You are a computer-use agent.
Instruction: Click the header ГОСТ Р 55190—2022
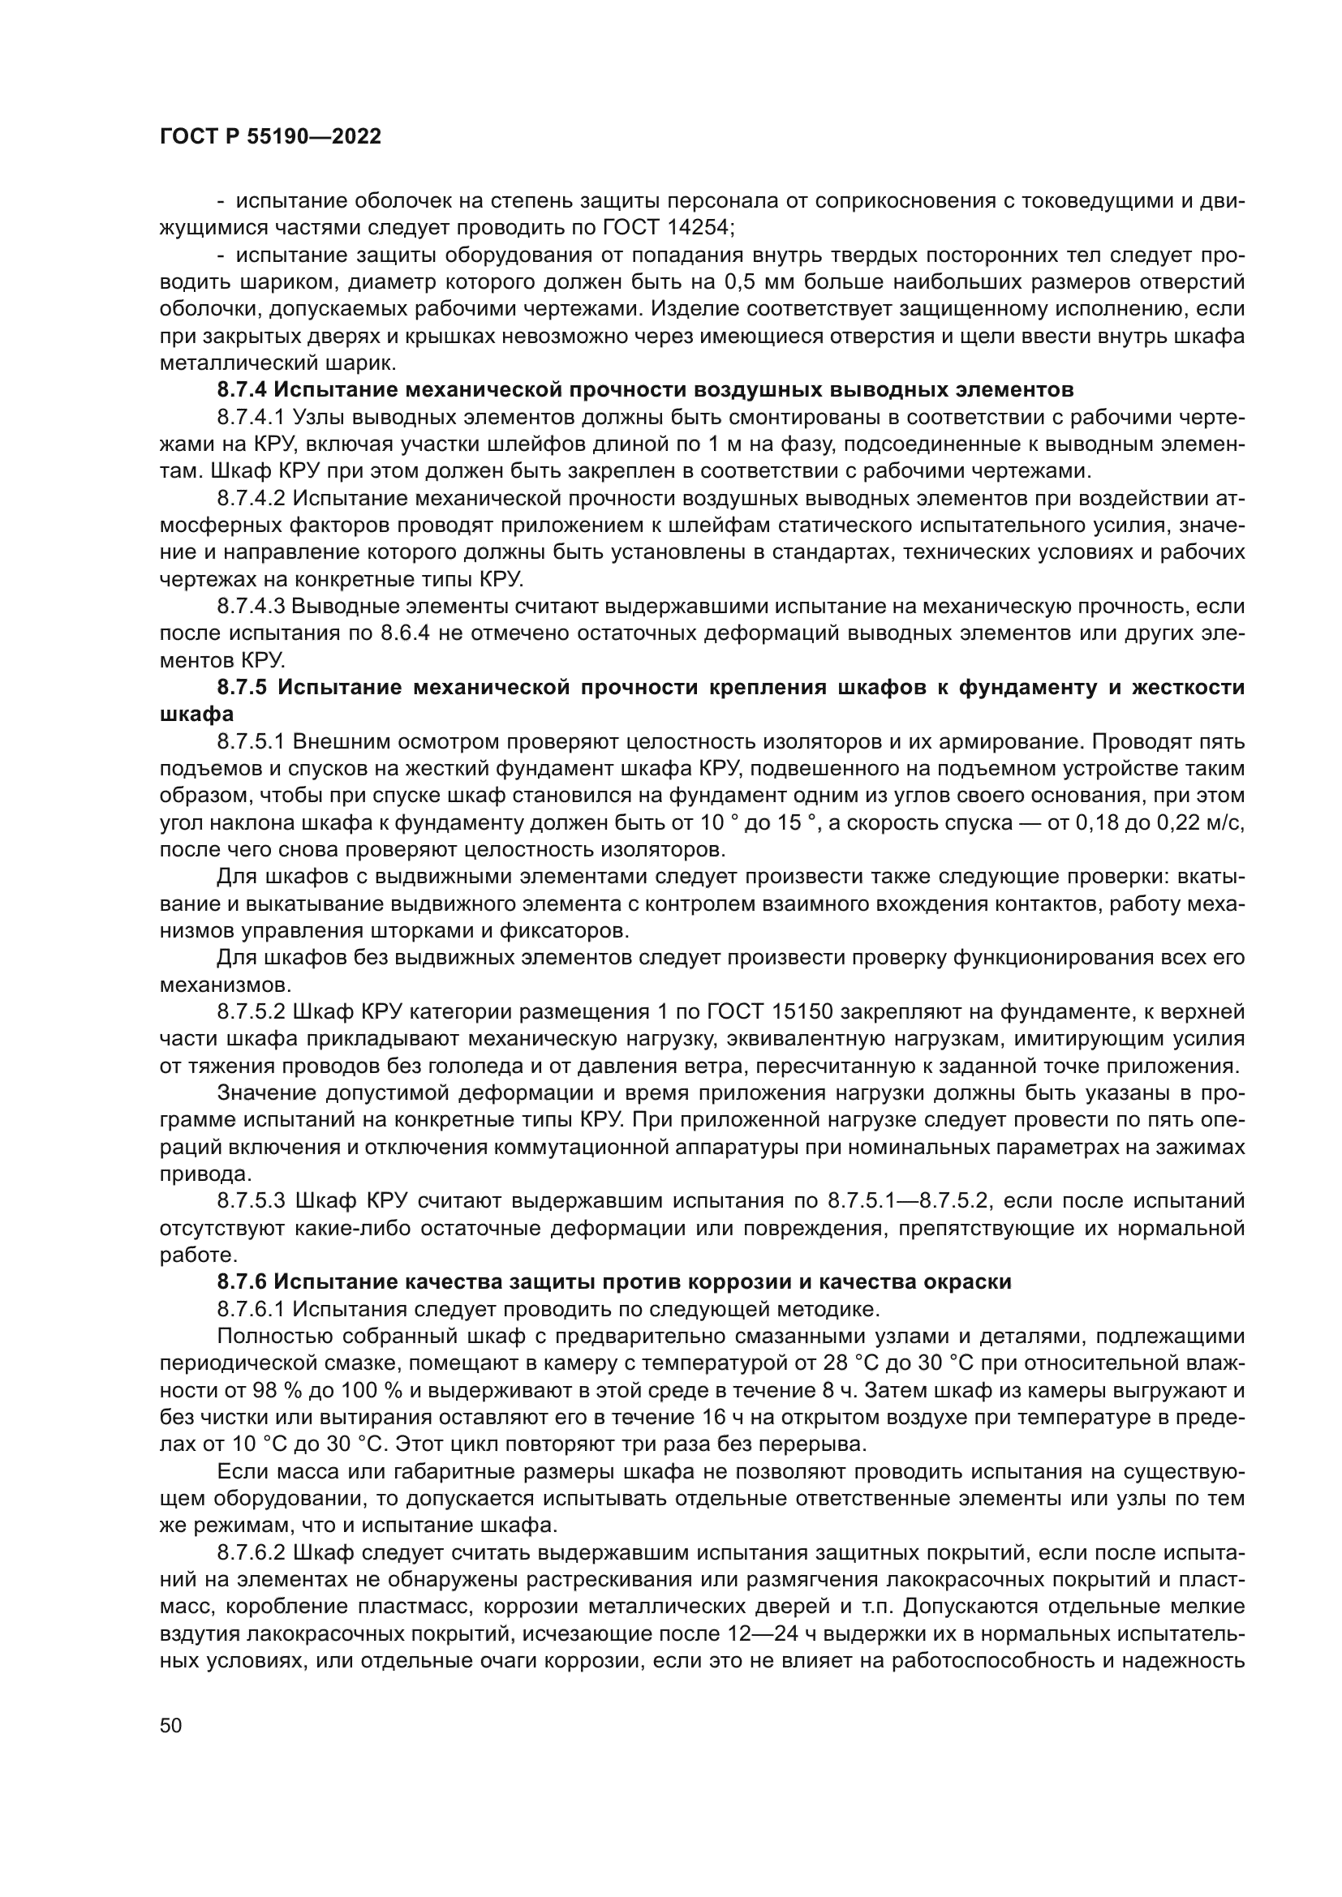270,137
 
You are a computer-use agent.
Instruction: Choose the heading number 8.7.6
241,1281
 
